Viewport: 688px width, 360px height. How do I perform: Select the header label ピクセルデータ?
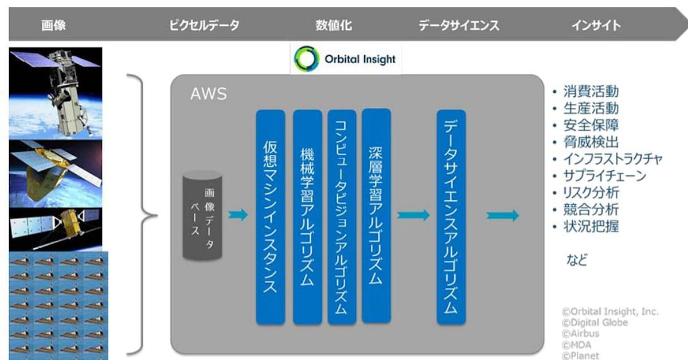coord(204,25)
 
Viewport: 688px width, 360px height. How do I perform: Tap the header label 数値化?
coord(333,25)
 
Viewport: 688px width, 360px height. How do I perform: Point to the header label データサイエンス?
coord(459,25)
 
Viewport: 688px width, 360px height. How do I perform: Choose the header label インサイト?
coord(596,25)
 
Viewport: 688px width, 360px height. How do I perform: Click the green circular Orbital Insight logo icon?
coord(307,59)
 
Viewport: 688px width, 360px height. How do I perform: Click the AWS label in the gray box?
coord(208,94)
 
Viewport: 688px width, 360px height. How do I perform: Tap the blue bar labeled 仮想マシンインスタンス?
coord(270,217)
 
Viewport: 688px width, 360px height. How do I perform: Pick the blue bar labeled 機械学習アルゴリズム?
coord(307,217)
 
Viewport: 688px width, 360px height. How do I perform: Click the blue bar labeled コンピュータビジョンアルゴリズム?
coord(342,217)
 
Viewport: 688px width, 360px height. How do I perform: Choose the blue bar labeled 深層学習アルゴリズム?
coord(376,215)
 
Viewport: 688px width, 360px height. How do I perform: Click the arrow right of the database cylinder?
coord(238,216)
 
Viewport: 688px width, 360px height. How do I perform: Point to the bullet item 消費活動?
coord(591,92)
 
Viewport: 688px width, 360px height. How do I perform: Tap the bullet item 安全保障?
coord(591,125)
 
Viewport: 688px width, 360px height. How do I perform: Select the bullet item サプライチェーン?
coord(604,175)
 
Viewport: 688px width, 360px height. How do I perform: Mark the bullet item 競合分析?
coord(591,209)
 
